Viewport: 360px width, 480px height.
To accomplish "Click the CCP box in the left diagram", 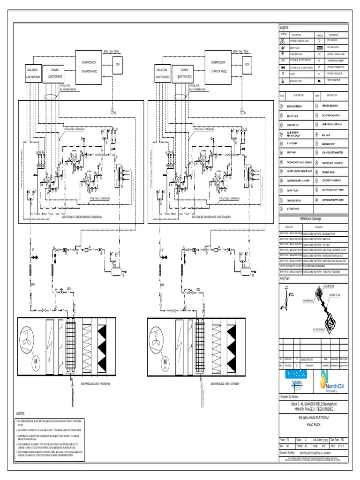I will [x=118, y=64].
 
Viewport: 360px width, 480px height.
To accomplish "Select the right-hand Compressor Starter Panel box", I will [x=219, y=67].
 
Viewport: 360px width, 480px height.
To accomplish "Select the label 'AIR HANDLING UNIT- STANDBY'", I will [x=225, y=383].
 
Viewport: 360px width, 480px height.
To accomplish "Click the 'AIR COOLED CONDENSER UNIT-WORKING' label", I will [x=82, y=217].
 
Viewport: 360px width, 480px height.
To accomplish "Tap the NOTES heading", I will [x=20, y=414].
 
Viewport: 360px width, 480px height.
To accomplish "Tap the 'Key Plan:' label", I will [x=285, y=278].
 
